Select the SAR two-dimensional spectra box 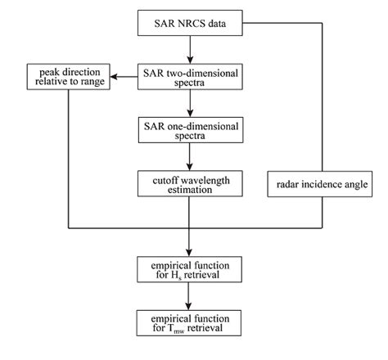coord(190,78)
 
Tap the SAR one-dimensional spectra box coord(190,129)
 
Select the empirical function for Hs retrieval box coord(190,268)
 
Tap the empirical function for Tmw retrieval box coord(190,322)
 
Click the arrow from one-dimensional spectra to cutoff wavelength coord(190,156)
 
